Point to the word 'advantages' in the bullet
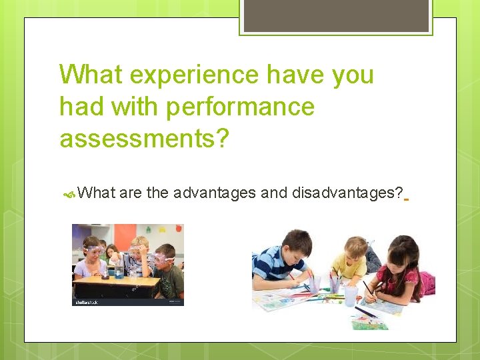[x=214, y=193]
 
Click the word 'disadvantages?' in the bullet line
[x=347, y=193]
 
